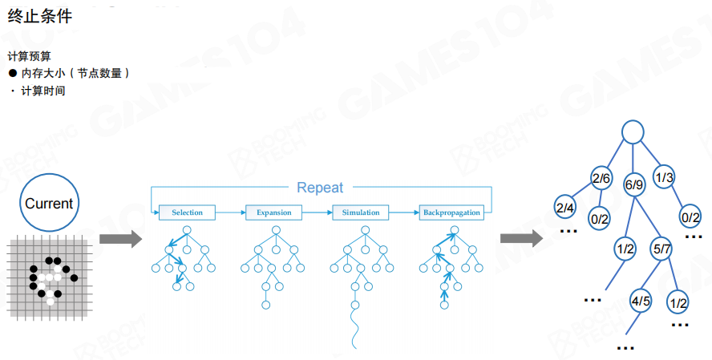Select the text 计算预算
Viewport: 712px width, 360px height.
pos(30,56)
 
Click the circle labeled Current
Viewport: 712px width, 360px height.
pos(48,204)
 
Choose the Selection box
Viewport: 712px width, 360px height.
pos(187,212)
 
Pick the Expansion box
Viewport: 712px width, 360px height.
pos(273,212)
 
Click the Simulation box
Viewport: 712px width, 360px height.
pos(361,212)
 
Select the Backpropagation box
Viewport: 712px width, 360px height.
pos(451,212)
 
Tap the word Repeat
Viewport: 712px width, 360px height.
pos(319,188)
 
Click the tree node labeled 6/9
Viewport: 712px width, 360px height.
pos(633,184)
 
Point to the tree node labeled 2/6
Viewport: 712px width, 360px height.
pos(601,178)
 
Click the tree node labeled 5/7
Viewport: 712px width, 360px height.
pos(661,249)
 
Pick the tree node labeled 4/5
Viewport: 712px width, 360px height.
pos(641,301)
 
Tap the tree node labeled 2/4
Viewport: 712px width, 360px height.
pos(565,208)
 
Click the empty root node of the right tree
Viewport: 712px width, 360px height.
pos(633,132)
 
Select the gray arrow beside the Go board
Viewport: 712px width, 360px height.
pos(120,238)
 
